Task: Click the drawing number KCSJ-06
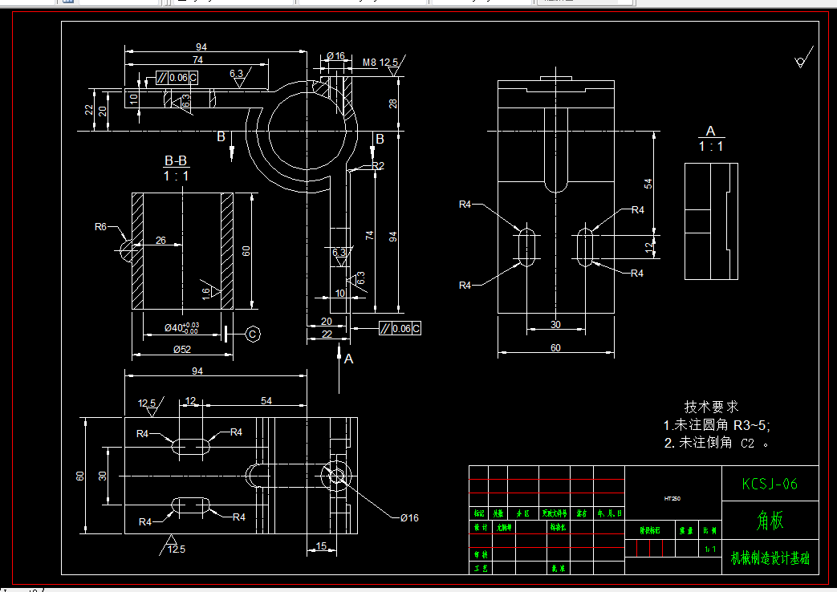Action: click(770, 484)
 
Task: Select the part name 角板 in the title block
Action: click(770, 521)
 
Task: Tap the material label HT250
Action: click(672, 498)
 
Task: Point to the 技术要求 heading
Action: click(711, 407)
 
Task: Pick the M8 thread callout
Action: click(369, 62)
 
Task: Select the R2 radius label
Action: click(378, 166)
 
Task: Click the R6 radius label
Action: click(100, 227)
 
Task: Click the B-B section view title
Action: click(176, 161)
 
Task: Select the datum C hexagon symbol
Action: click(252, 333)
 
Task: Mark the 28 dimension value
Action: click(393, 103)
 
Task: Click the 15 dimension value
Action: click(320, 546)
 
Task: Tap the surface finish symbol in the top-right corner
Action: click(799, 61)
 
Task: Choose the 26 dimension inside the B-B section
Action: click(160, 240)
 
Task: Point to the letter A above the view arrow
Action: click(348, 359)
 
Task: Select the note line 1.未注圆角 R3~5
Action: click(717, 425)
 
